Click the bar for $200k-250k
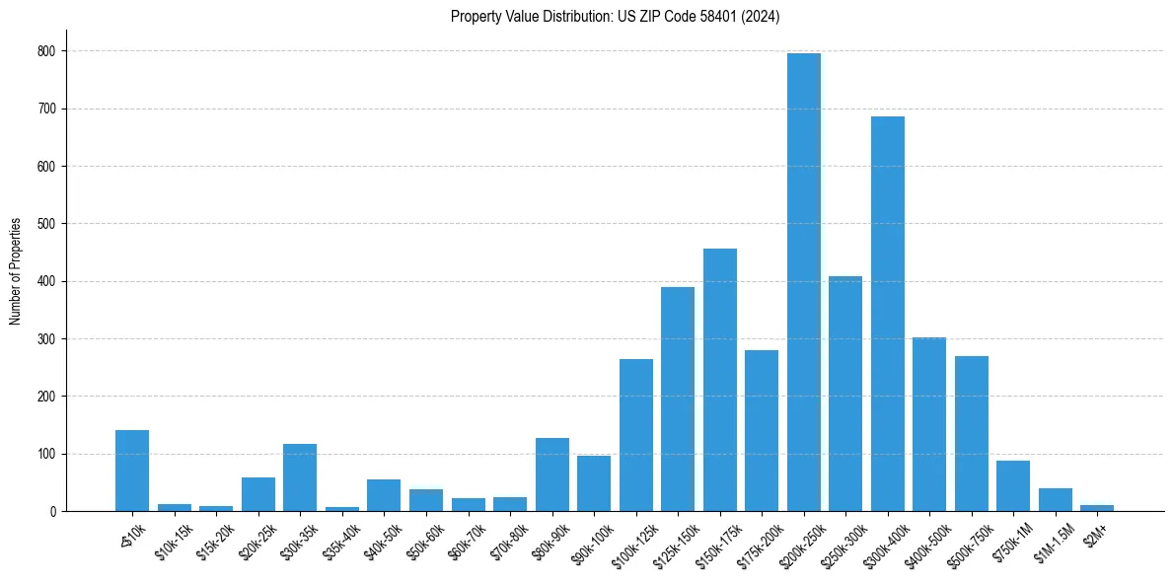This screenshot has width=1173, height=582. (804, 282)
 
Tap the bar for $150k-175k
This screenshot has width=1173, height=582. (720, 380)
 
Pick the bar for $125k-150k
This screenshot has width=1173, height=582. (678, 400)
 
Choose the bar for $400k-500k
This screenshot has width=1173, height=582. (929, 424)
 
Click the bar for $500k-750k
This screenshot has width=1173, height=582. (972, 434)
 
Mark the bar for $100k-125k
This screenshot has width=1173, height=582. (636, 435)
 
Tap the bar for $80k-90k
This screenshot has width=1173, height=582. (552, 474)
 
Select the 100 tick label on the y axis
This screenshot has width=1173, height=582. (48, 454)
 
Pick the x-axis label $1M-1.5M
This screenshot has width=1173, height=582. (1053, 539)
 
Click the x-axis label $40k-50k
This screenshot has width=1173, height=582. (383, 538)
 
